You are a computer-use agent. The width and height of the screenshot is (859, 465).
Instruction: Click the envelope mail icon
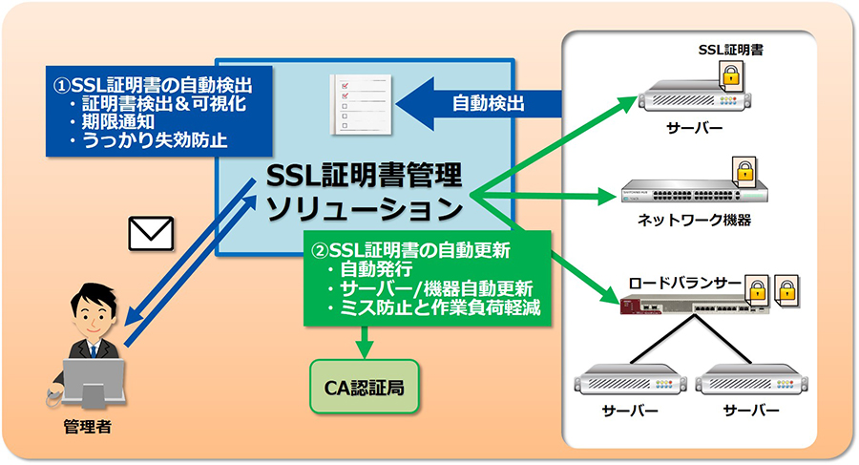click(x=150, y=234)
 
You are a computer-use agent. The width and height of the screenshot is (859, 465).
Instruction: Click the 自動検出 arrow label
click(x=488, y=102)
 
